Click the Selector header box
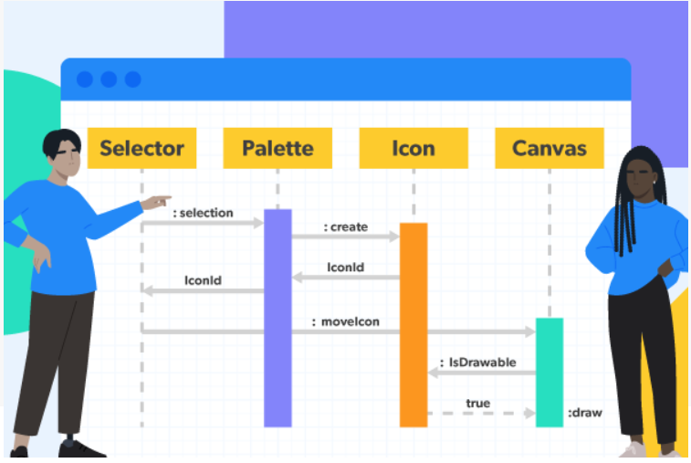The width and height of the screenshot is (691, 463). coord(141,148)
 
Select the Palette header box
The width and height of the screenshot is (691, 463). coord(277,148)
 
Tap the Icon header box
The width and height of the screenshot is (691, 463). coord(414,148)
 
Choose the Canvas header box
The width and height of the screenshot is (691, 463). coord(550,148)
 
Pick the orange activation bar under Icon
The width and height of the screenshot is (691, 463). coord(414,324)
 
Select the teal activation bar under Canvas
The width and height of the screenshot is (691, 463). coord(550,372)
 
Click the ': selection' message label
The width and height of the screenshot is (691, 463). coord(203,213)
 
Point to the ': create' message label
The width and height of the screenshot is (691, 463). coord(345,226)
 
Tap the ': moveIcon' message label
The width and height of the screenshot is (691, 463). coord(346,321)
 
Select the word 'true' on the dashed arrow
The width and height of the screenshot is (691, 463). coord(477,403)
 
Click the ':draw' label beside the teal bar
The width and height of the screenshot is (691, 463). coord(585,414)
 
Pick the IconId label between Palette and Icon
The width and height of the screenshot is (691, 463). coord(346,268)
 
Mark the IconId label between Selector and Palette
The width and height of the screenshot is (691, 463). coord(203,281)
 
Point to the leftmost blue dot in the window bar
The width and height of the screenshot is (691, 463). coord(85,79)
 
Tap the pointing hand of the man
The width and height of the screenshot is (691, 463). coord(157,200)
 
